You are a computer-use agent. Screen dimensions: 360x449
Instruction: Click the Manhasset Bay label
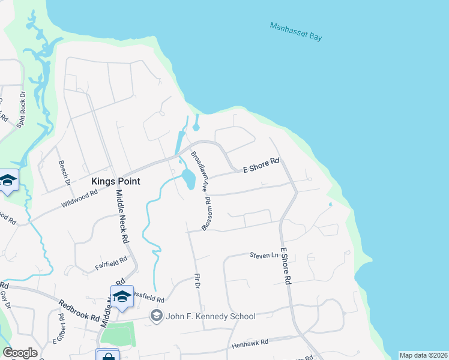point(296,32)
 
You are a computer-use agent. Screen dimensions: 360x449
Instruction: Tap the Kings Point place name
point(115,181)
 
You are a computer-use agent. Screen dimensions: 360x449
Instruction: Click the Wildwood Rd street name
point(79,200)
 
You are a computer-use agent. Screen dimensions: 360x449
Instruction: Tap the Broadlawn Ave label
point(199,170)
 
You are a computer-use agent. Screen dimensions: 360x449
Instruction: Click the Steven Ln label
point(264,256)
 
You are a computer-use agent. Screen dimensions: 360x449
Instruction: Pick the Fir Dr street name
point(196,280)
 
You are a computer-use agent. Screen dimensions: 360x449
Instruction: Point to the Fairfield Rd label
point(112,262)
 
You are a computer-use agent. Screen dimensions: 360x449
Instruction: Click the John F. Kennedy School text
point(211,316)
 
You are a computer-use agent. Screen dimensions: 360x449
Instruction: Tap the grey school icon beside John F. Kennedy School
point(157,315)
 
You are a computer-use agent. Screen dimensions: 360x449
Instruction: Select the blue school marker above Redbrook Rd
point(122,296)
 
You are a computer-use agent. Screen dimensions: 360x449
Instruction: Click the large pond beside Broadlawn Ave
point(188,178)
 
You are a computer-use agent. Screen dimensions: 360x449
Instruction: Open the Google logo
point(20,353)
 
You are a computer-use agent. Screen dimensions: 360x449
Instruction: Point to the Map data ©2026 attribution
point(423,355)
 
